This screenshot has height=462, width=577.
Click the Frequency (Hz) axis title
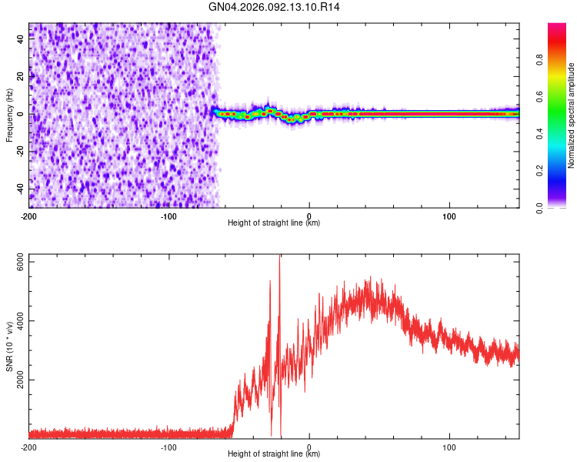point(9,114)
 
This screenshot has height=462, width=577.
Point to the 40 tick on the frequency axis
point(21,39)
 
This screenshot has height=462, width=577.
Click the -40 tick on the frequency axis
point(19,189)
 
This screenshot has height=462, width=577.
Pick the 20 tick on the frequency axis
point(21,77)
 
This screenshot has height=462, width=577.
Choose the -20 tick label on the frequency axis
point(19,152)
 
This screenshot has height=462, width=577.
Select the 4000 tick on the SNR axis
point(21,321)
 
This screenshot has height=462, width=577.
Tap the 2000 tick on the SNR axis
point(21,380)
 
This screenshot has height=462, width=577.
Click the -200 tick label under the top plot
point(29,215)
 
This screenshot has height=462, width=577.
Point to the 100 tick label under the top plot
point(449,215)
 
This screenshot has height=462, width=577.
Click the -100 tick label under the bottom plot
point(168,446)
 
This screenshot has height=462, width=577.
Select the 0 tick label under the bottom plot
point(309,446)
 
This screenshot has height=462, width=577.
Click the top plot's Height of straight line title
point(274,223)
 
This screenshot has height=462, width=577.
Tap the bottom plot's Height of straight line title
point(274,454)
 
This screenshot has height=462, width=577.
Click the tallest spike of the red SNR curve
point(279,259)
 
